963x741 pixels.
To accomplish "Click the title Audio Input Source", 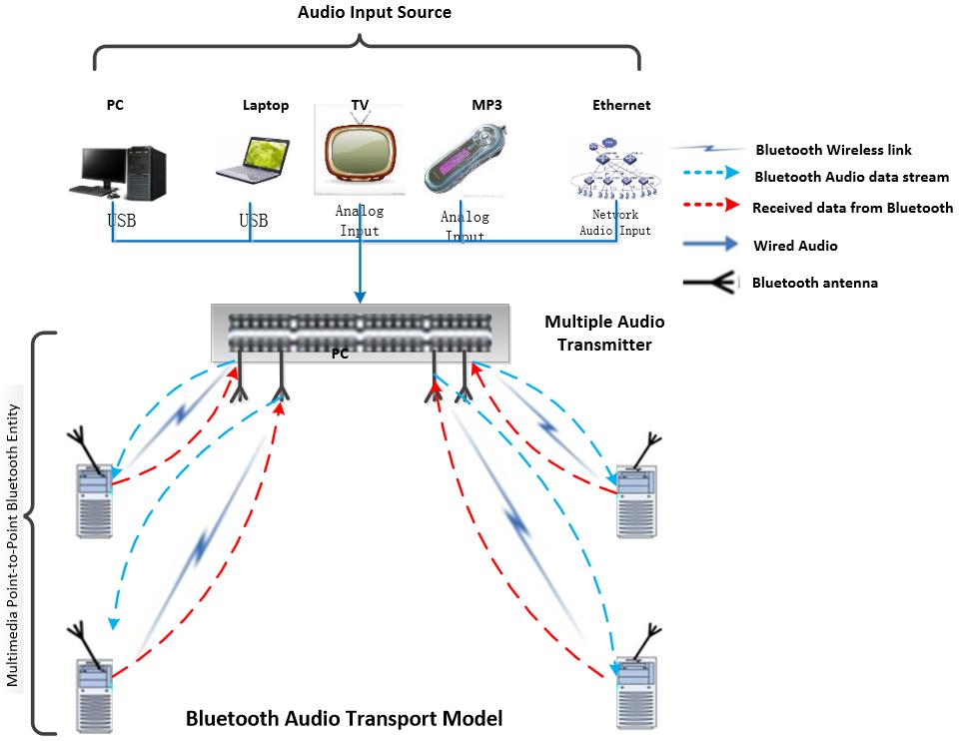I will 375,13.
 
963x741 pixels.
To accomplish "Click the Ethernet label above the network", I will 620,105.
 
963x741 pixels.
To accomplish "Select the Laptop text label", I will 266,105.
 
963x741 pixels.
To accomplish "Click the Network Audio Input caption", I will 615,223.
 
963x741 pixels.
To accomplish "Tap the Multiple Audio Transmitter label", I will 603,334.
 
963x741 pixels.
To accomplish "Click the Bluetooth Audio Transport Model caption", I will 344,718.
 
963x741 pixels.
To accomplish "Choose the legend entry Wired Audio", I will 795,246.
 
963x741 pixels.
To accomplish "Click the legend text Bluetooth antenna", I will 814,283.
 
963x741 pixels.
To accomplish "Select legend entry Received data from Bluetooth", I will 852,208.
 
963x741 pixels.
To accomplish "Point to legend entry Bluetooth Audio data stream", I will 851,177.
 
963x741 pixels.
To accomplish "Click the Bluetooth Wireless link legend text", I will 833,150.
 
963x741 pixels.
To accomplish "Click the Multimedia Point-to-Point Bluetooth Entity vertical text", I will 13,545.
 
